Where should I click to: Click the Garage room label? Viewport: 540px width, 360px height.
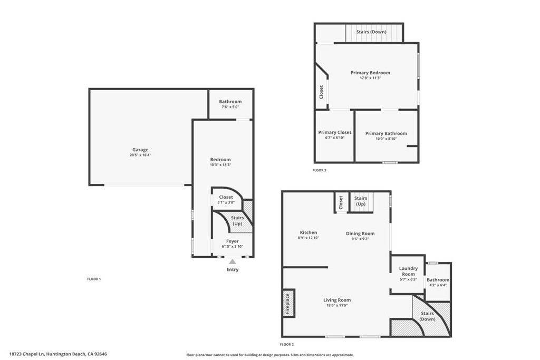pyautogui.click(x=140, y=150)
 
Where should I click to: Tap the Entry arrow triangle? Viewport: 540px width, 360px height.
pyautogui.click(x=233, y=261)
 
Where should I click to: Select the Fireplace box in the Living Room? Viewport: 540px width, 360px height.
pyautogui.click(x=288, y=304)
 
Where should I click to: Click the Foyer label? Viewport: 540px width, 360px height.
pyautogui.click(x=233, y=241)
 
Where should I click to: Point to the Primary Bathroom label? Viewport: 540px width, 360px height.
pyautogui.click(x=386, y=133)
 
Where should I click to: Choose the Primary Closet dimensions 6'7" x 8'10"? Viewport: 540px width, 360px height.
pyautogui.click(x=335, y=138)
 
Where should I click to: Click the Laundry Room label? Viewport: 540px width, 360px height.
pyautogui.click(x=408, y=271)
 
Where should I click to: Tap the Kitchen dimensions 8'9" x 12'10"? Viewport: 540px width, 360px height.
pyautogui.click(x=308, y=238)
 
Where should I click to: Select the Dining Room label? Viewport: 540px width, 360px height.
pyautogui.click(x=360, y=233)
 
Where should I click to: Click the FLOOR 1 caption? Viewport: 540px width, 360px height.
pyautogui.click(x=94, y=279)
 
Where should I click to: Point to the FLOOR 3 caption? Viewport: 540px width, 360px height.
pyautogui.click(x=320, y=170)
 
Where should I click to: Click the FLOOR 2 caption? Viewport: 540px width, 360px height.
pyautogui.click(x=288, y=344)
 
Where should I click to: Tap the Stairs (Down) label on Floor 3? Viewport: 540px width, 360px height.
pyautogui.click(x=371, y=32)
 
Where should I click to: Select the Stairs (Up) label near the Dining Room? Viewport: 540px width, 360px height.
pyautogui.click(x=361, y=201)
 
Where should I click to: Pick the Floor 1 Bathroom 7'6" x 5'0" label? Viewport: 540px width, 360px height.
pyautogui.click(x=230, y=104)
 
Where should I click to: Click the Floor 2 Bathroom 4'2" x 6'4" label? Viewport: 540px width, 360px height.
pyautogui.click(x=438, y=283)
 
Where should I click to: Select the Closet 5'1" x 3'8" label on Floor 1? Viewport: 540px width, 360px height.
pyautogui.click(x=226, y=200)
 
